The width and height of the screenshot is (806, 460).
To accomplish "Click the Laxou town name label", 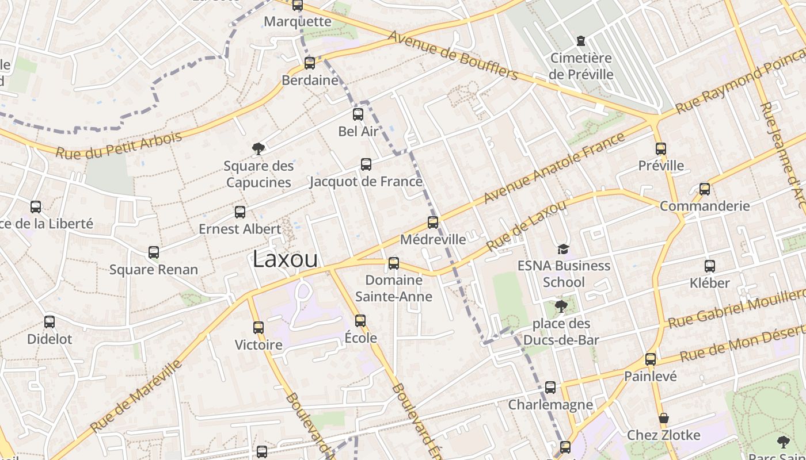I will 285,259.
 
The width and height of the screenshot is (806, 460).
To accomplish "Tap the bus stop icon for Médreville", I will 433,223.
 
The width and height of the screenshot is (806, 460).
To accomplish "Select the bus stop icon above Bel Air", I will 358,114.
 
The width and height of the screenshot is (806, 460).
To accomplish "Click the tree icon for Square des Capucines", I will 258,149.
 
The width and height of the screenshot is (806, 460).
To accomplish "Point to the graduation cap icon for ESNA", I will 563,249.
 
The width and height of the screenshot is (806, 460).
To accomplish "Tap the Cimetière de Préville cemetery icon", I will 580,41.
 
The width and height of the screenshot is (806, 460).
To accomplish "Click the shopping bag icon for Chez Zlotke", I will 663,418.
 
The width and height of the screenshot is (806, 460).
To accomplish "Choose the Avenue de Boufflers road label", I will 453,55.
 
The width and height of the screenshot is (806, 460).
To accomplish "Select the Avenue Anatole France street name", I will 553,168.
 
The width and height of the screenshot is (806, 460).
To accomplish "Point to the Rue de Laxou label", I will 527,225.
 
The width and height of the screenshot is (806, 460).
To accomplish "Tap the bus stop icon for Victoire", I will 258,328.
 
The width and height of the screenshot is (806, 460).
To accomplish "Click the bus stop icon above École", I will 360,320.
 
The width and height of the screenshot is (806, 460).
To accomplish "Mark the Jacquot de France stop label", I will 366,182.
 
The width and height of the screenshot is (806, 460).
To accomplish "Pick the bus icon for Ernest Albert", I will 240,212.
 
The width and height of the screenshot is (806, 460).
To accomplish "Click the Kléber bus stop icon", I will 710,266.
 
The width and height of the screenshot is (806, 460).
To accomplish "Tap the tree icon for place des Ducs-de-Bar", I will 561,306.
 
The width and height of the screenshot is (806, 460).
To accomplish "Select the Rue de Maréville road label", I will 136,397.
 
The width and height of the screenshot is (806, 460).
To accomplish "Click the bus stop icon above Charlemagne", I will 550,388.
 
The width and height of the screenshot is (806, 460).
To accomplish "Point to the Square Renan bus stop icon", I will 154,252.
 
